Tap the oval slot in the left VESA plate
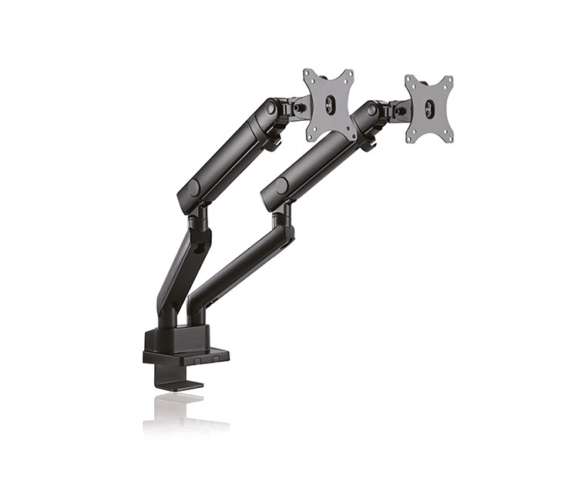click(330, 105)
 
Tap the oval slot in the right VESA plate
click(429, 109)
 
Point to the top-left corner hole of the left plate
click(307, 75)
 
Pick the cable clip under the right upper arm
click(368, 142)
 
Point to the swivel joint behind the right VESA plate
click(397, 112)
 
